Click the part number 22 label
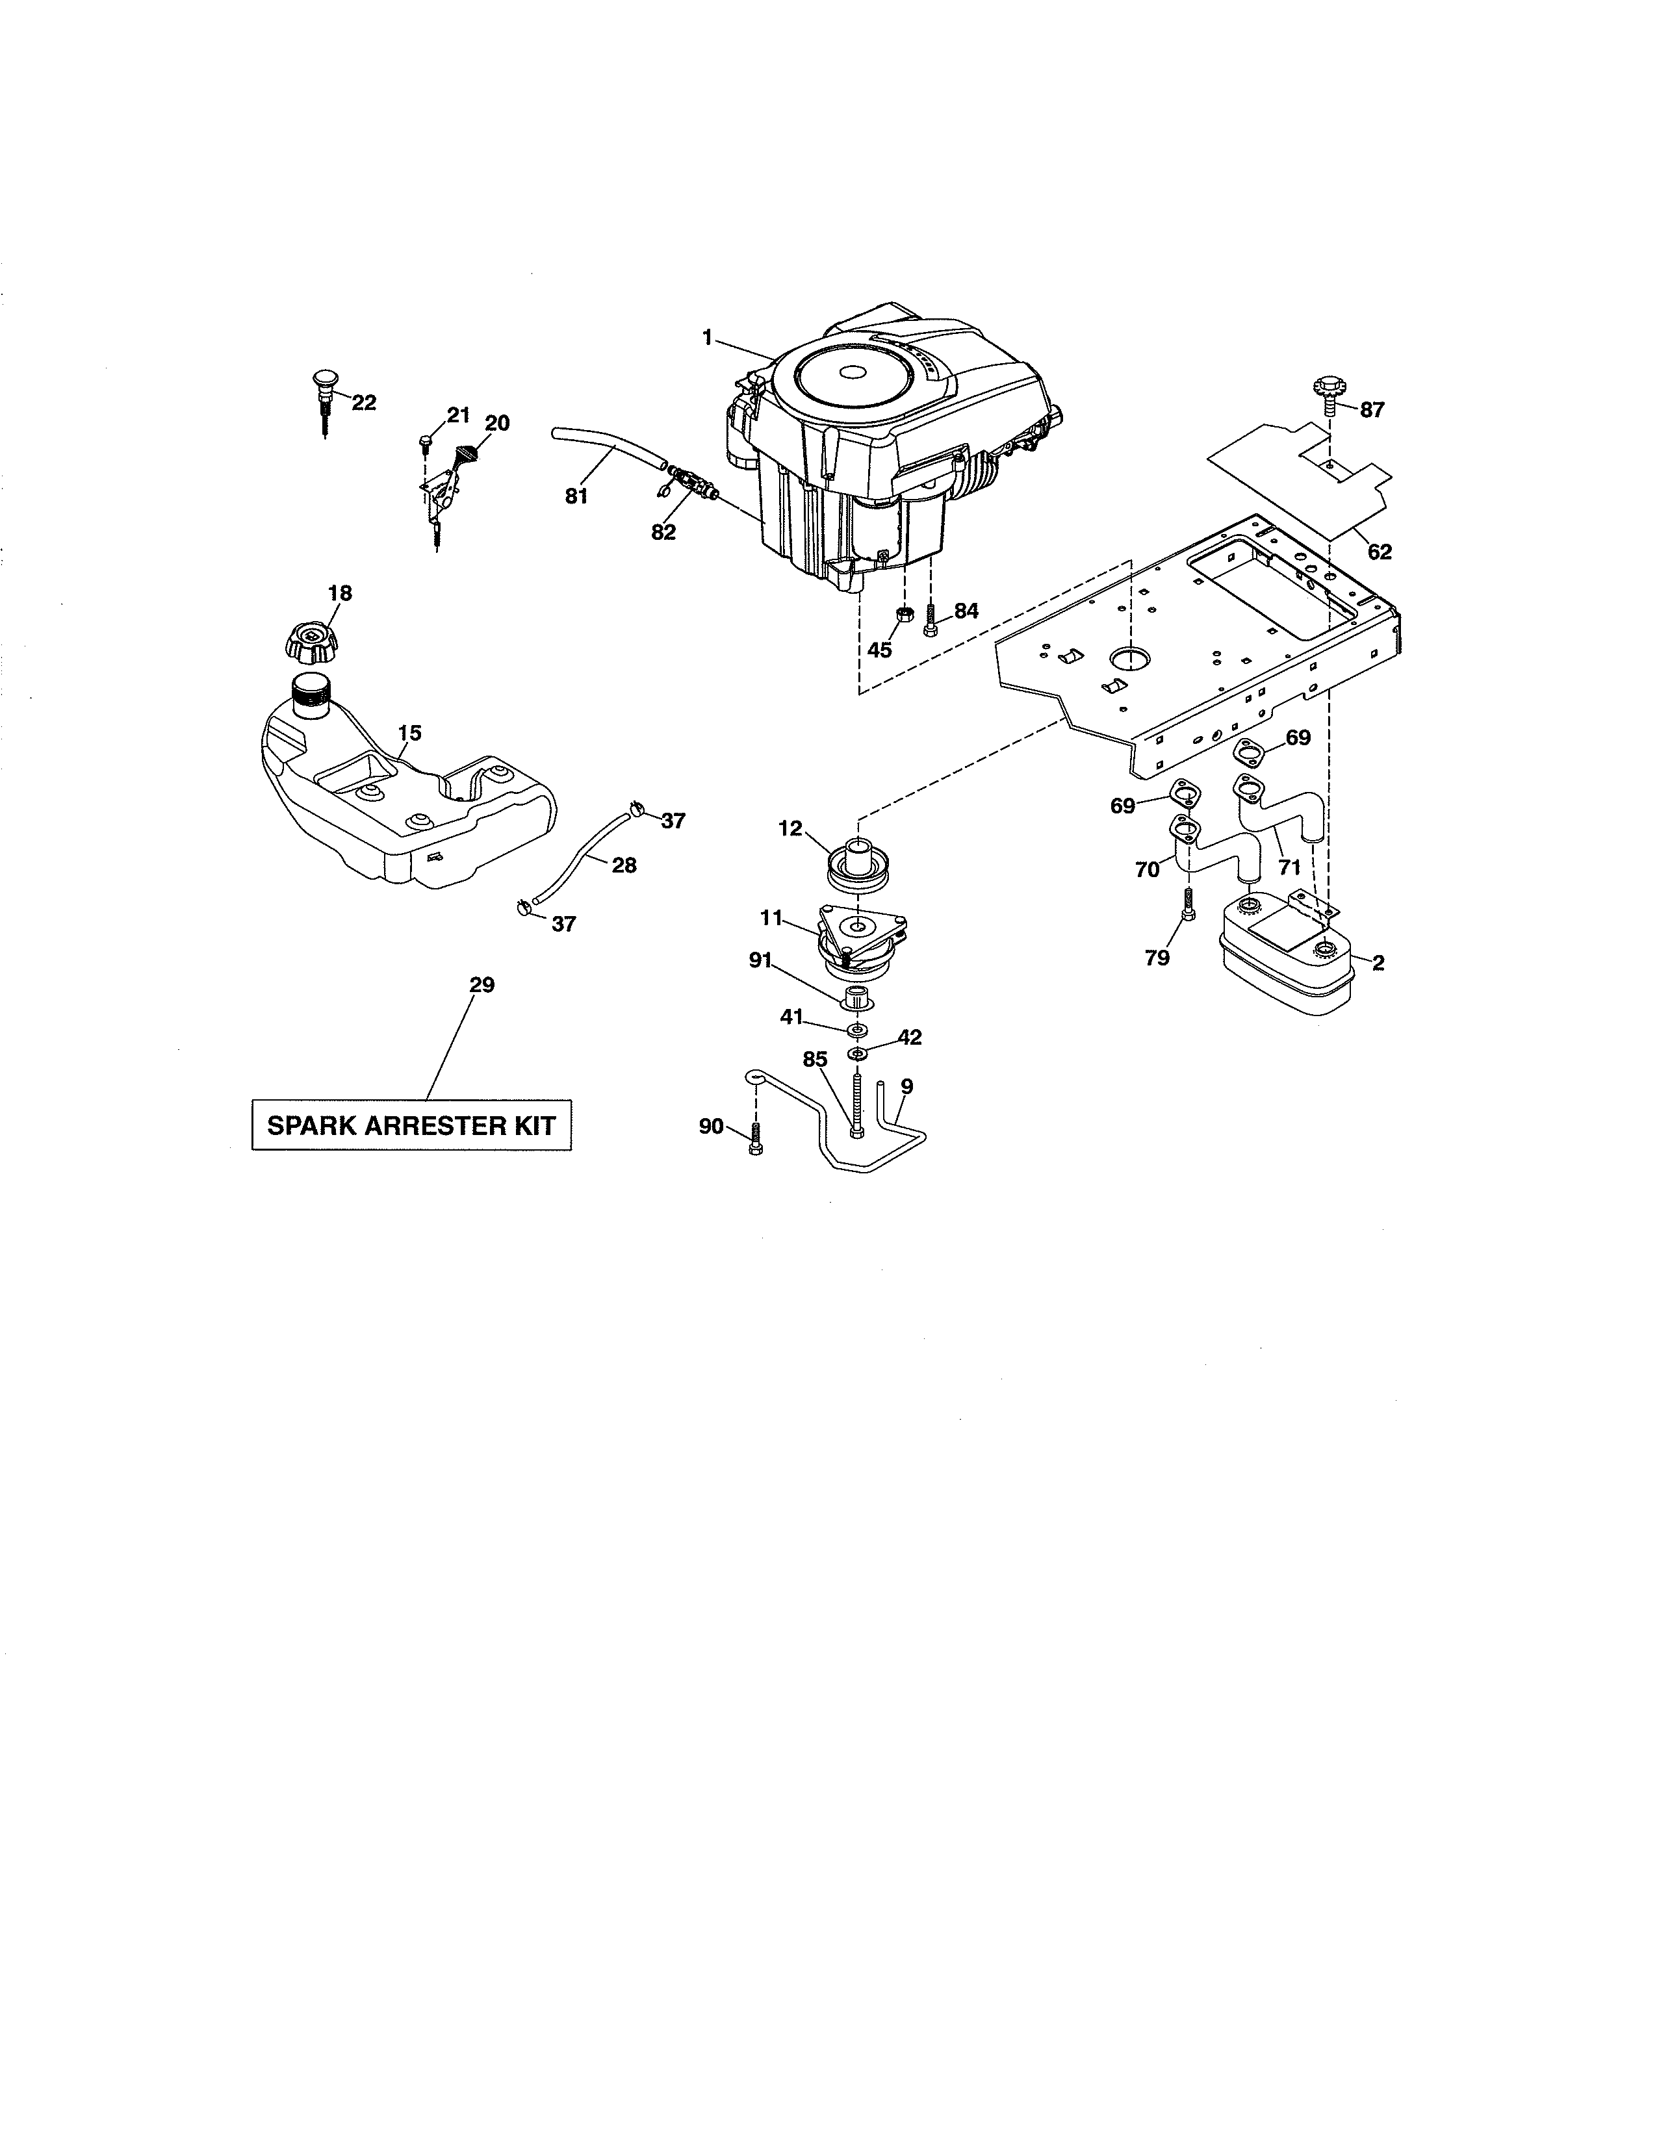point(363,403)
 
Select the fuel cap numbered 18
point(311,640)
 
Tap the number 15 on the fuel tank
point(409,732)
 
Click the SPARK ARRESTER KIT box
point(411,1125)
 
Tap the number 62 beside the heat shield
point(1379,552)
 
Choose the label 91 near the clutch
point(761,960)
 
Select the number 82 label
point(663,532)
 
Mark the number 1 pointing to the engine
point(707,338)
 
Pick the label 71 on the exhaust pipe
point(1289,867)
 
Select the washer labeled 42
point(858,1053)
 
